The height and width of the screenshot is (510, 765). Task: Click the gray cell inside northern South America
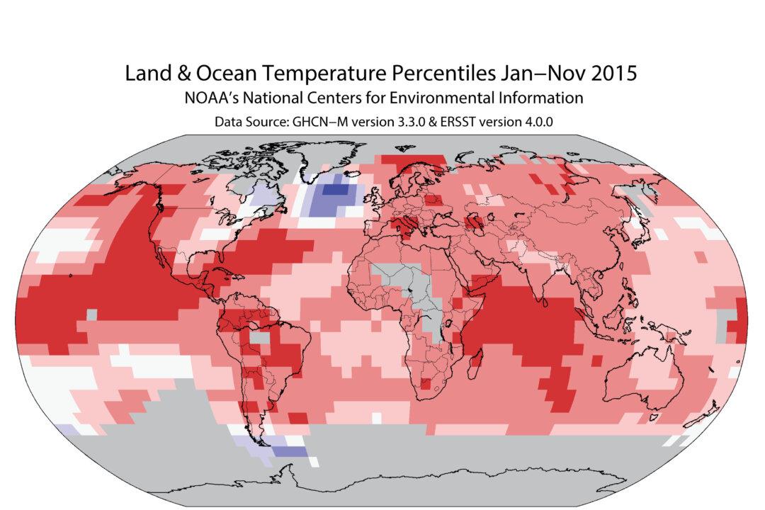[x=262, y=339]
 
